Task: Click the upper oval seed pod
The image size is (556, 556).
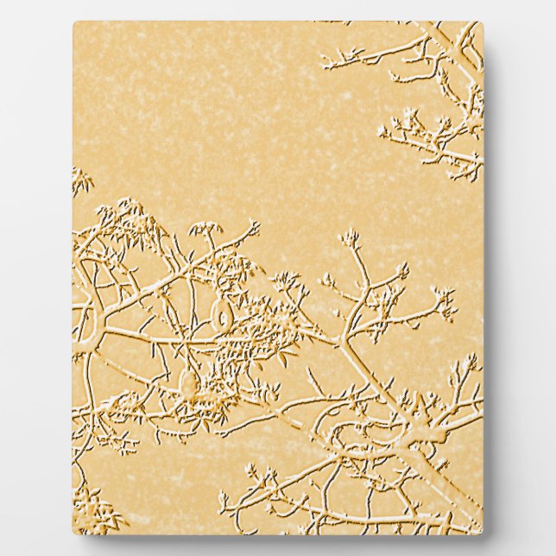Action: [x=223, y=316]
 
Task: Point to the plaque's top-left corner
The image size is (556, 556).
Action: [x=74, y=23]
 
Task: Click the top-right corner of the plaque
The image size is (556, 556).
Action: [x=482, y=23]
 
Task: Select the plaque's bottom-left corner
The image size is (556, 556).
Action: [x=74, y=533]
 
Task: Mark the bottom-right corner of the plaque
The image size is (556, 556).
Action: [x=482, y=533]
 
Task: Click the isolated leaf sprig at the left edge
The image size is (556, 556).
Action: [x=81, y=180]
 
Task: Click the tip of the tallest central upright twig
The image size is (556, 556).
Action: [x=350, y=235]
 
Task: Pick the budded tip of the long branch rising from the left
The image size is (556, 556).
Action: [x=252, y=227]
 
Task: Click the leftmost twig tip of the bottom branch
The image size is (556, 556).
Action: [x=223, y=499]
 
